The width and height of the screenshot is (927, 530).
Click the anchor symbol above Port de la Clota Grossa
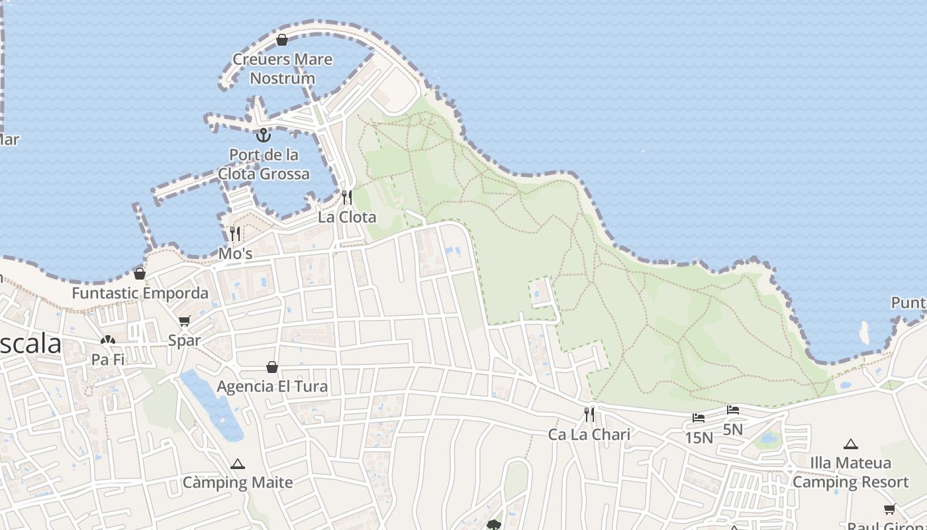[x=264, y=135]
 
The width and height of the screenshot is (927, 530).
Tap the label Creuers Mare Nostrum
[x=282, y=69]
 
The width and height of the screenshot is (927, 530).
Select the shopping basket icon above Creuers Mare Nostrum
[x=282, y=40]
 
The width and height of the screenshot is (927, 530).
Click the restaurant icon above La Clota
[x=346, y=197]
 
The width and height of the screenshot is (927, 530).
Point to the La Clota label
[x=347, y=217]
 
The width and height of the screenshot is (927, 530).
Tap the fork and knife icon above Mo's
[x=235, y=234]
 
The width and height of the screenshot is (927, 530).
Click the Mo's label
[x=236, y=254]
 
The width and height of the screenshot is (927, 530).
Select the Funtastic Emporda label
[x=140, y=293]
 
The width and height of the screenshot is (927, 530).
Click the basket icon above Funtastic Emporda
[x=140, y=274]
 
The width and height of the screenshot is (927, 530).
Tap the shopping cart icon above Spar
[x=184, y=321]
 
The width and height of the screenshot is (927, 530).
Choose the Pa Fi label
[x=108, y=360]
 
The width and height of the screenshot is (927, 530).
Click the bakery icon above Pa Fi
[x=107, y=341]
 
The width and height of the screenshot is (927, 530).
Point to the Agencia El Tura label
[x=272, y=386]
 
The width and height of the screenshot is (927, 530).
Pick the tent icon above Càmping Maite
[x=238, y=464]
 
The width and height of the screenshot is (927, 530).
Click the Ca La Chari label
[x=589, y=435]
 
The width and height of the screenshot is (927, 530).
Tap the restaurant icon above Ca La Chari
[x=589, y=415]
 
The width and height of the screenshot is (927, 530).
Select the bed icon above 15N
[x=699, y=418]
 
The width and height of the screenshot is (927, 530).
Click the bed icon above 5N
[x=733, y=410]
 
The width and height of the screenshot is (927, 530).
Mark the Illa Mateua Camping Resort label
[x=851, y=472]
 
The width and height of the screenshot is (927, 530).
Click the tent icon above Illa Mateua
[x=851, y=444]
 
